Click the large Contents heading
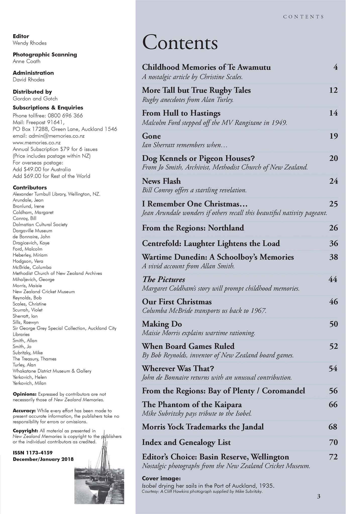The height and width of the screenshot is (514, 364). click(180, 43)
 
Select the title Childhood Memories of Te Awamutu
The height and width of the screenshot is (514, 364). click(206, 67)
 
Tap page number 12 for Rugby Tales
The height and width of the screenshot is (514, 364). click(333, 90)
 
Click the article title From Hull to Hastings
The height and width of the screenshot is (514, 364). click(181, 113)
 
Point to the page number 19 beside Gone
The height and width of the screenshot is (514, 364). click(333, 136)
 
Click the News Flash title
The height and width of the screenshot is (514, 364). click(161, 181)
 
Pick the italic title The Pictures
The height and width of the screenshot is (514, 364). click(164, 279)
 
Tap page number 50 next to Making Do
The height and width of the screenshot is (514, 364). click(333, 324)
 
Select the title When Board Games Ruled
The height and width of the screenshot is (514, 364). click(188, 346)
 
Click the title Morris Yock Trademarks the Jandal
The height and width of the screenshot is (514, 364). click(203, 427)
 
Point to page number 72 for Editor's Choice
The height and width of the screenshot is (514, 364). click(333, 457)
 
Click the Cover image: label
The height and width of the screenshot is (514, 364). click(161, 478)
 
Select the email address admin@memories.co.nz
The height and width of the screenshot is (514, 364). click(48, 136)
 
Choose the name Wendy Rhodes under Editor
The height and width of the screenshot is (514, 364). click(30, 43)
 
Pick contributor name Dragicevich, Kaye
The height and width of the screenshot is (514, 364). click(31, 243)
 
